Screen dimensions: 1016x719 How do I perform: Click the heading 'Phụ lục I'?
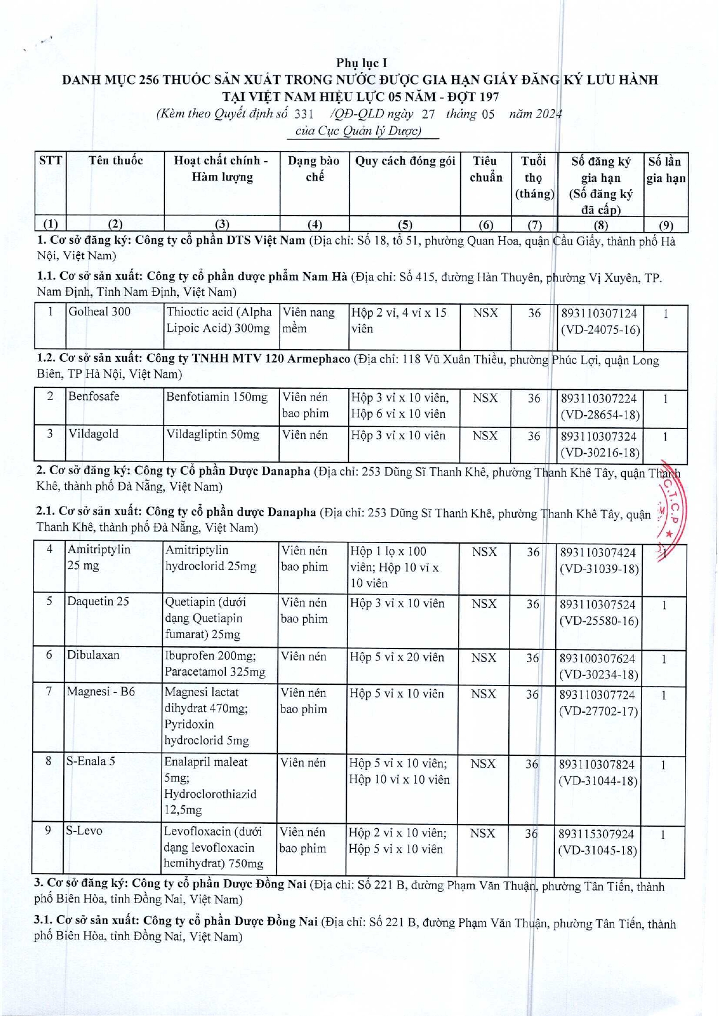click(361, 63)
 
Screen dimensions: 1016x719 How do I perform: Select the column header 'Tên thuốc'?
click(115, 161)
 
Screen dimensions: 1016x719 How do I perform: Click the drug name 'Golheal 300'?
click(100, 312)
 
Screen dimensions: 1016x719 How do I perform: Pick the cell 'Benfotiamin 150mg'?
click(217, 397)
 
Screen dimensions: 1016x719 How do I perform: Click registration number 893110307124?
click(599, 314)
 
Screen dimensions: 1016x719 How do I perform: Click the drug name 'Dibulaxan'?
click(93, 655)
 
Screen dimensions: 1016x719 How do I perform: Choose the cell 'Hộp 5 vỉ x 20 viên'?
click(397, 658)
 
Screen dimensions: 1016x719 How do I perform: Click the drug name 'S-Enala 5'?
click(91, 762)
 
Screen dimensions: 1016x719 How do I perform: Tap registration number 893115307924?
click(596, 834)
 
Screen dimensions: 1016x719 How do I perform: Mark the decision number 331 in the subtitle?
click(304, 114)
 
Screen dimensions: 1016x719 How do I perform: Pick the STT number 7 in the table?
click(49, 692)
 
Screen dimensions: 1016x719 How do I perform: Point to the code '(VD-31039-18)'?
click(599, 569)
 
